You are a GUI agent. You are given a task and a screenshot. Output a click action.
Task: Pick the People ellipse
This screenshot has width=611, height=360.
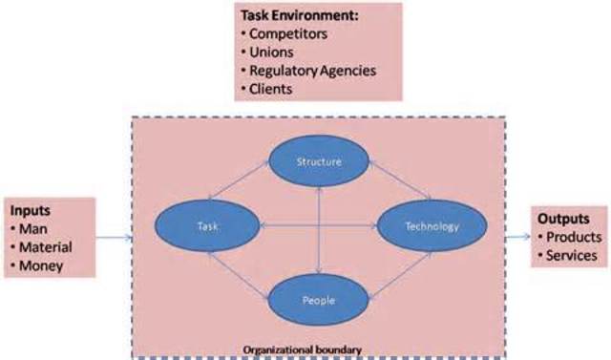[318, 299]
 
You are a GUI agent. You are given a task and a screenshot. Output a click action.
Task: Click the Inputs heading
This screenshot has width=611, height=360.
[32, 209]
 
